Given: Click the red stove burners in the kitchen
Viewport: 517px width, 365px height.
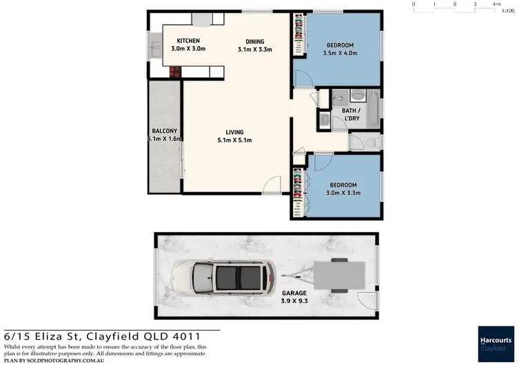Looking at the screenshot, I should pos(174,70).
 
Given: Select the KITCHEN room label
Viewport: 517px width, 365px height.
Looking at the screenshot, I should pos(188,41).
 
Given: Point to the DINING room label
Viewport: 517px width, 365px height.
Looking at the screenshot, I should pos(255,41).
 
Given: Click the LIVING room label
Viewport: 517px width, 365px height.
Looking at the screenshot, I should pos(235,132).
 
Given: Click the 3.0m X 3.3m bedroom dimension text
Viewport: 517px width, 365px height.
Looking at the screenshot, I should pos(343,194).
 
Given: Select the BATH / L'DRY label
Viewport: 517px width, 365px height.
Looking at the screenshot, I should pos(354,114).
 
